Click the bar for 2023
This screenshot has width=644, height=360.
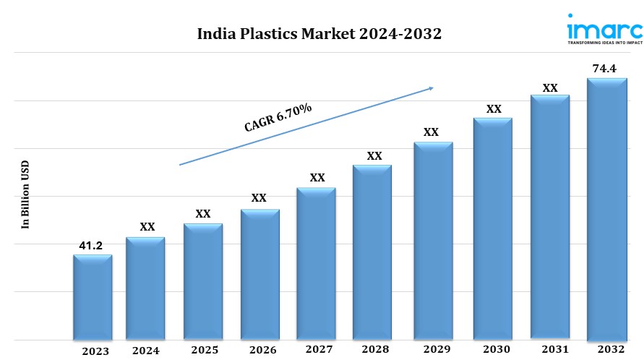[93, 297]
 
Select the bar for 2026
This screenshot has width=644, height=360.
[259, 275]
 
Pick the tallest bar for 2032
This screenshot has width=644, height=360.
[606, 209]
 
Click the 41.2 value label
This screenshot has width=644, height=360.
[90, 246]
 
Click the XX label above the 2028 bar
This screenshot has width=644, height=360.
[374, 156]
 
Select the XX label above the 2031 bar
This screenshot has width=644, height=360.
[550, 88]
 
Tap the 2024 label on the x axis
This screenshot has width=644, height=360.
[147, 351]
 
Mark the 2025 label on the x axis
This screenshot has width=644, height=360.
[205, 350]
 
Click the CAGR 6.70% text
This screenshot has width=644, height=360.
[278, 117]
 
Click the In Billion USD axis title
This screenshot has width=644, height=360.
[25, 194]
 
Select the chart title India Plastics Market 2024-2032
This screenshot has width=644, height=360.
[319, 34]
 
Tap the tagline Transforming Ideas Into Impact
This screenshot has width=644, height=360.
[604, 43]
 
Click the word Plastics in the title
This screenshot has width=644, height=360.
[270, 34]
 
